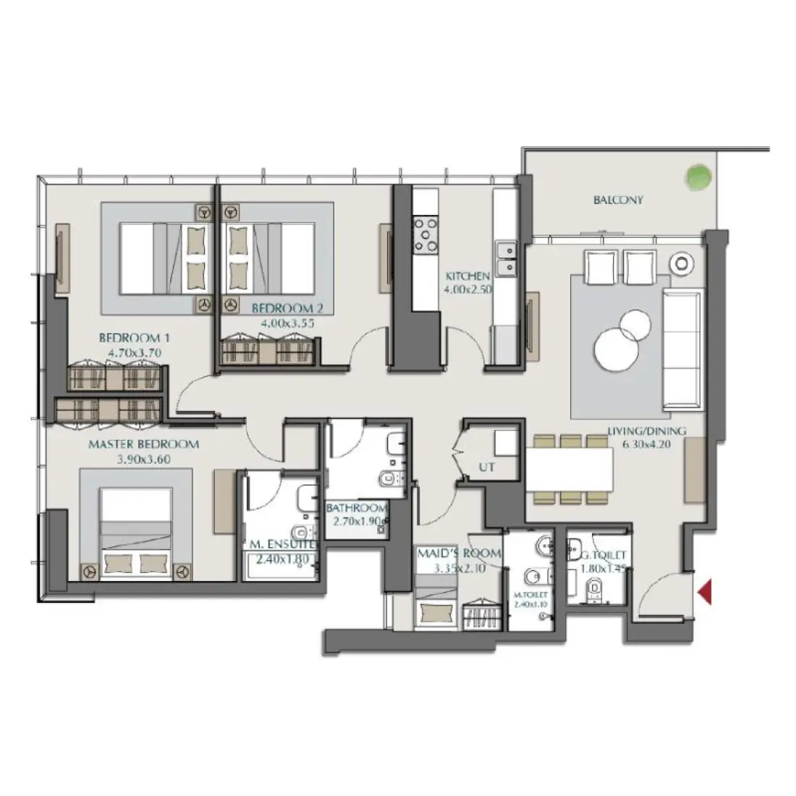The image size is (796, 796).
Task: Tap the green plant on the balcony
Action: (x=698, y=175)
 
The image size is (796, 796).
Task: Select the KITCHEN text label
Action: (x=467, y=276)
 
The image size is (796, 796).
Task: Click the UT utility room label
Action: (x=487, y=467)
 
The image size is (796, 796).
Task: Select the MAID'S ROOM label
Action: (x=459, y=554)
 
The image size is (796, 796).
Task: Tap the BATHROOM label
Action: (x=356, y=509)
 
